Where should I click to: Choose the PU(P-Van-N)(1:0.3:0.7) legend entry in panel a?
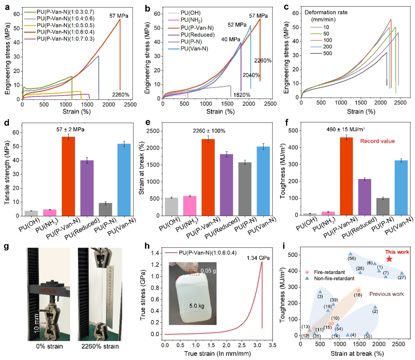(x=61, y=12)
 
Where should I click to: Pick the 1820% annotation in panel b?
(x=242, y=94)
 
